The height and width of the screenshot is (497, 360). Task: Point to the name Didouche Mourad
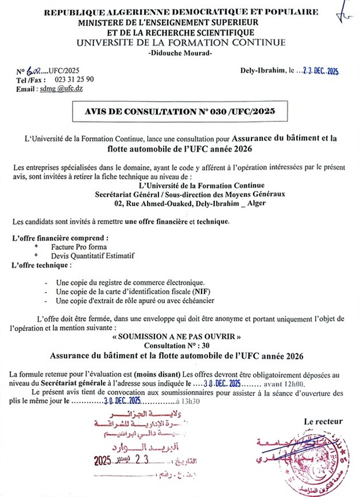click(181, 53)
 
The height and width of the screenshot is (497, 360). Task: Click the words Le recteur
click(323, 422)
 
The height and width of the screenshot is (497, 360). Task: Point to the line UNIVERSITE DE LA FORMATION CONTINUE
click(181, 43)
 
